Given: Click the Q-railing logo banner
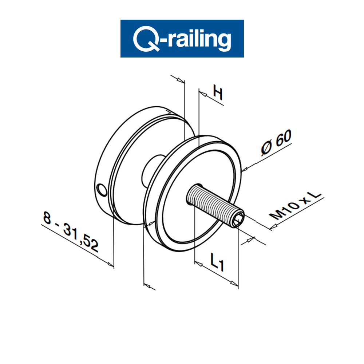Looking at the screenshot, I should click(x=182, y=38).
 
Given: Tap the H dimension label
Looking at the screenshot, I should click(x=217, y=93).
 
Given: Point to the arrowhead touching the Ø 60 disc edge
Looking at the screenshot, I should click(x=245, y=169).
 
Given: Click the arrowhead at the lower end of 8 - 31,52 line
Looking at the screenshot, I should click(x=111, y=263).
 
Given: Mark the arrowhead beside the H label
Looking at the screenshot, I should click(x=204, y=94).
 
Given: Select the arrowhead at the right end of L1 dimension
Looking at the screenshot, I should click(x=235, y=283).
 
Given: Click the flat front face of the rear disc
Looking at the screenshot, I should click(x=131, y=160).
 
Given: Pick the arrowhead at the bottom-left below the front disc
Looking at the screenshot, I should click(x=147, y=284).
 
